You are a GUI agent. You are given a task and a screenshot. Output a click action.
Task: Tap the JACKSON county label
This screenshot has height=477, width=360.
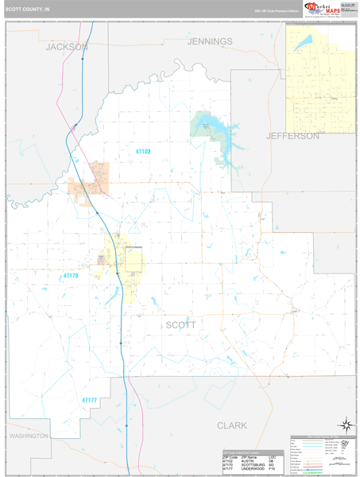(66, 47)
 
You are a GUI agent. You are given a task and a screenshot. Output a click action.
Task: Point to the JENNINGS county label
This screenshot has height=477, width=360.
(210, 41)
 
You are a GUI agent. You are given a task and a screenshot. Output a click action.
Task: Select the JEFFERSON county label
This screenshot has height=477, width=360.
(292, 136)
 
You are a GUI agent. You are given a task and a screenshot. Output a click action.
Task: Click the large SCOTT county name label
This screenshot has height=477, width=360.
(180, 324)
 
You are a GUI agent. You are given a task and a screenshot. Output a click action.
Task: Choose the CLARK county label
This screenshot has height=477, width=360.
(231, 425)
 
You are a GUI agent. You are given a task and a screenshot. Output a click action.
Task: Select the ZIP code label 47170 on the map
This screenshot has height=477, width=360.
(72, 276)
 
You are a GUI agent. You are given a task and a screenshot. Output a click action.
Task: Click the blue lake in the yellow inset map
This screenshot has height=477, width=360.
(304, 45)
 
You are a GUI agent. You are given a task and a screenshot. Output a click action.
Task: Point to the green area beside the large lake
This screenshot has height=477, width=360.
(198, 123)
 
